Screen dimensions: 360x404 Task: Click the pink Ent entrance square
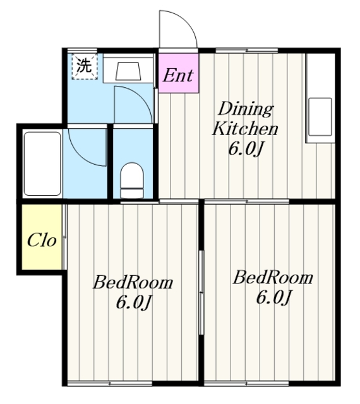pos(179,73)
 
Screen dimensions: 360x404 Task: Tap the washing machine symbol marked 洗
pos(85,66)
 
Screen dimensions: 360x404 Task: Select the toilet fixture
pos(132,181)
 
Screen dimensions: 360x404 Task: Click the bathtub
pos(42,164)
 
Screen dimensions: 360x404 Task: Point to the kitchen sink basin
pos(320,117)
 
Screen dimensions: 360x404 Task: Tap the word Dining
pos(246,109)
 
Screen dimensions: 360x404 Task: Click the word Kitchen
pos(245,128)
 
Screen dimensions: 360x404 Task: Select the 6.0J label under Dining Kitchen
pos(246,149)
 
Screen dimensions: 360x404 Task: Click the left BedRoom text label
pos(133,282)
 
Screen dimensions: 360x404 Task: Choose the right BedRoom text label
pos(273,278)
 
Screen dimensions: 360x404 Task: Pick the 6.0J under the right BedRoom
pos(273,297)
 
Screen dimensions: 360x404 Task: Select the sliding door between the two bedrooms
pos(201,292)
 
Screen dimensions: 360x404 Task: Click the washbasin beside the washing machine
pos(128,71)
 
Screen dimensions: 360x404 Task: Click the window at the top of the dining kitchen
pos(247,50)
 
